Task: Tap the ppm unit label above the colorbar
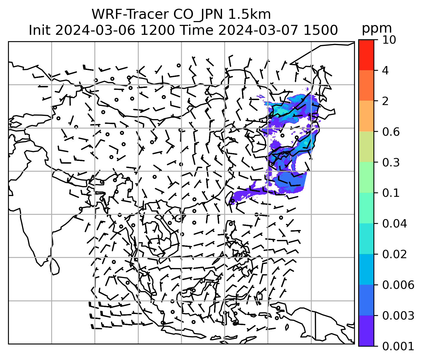[377, 28]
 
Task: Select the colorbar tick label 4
[385, 70]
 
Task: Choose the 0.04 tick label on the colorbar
[394, 223]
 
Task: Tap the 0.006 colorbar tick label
[398, 285]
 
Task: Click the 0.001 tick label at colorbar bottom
[398, 346]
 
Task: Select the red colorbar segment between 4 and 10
[366, 55]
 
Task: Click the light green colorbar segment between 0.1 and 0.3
[366, 177]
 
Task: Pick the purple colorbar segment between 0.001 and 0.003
[366, 331]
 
